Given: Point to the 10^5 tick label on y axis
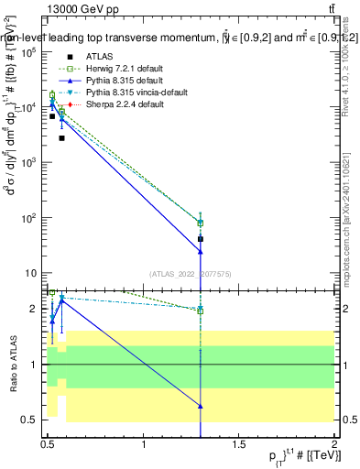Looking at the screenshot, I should click(29, 52).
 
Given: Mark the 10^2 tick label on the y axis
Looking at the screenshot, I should click(29, 218).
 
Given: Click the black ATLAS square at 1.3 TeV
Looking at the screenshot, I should click(200, 238).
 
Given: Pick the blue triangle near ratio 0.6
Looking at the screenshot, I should click(200, 406).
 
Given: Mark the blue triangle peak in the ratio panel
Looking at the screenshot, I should click(61, 300).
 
